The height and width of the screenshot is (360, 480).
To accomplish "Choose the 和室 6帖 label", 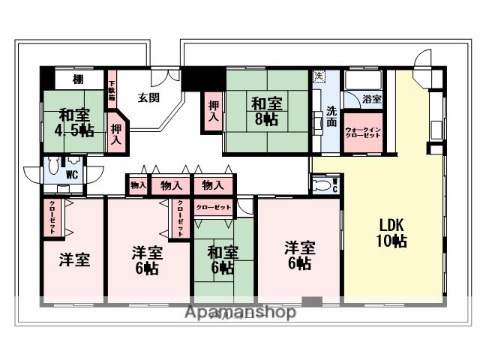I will [223, 258].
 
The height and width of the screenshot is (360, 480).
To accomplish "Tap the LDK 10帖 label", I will [391, 232].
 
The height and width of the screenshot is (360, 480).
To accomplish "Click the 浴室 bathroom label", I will [372, 99].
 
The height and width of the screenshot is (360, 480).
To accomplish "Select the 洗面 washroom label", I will [331, 116].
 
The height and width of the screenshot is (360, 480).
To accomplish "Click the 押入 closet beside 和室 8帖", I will [213, 112].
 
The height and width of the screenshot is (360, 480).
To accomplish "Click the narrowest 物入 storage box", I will [137, 184].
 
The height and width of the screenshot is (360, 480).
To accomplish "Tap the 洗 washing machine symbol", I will [319, 76].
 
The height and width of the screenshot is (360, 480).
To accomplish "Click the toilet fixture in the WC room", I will [52, 168].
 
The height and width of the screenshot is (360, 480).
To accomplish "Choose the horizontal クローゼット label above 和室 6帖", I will [213, 206].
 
